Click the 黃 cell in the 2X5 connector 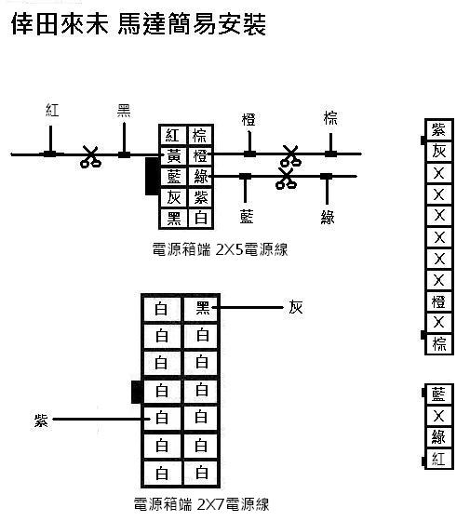pos(173,155)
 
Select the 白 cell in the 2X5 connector pos(200,219)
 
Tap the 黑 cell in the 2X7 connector pos(201,309)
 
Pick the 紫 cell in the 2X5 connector pos(200,198)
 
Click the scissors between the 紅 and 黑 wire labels pos(90,156)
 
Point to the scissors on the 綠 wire pos(286,179)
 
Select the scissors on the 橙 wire pos(290,155)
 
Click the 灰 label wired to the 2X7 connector pos(296,307)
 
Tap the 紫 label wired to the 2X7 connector pos(41,421)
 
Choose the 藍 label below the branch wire pos(247,217)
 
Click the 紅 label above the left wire pos(52,110)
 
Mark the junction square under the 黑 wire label pos(124,154)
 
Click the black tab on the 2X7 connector pos(136,392)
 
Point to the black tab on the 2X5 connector pos(152,176)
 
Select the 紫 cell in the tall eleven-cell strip pos(438,129)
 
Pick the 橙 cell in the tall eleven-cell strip pos(438,301)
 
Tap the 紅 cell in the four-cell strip pos(438,459)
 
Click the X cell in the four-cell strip pos(438,416)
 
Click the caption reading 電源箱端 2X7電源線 pos(201,504)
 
